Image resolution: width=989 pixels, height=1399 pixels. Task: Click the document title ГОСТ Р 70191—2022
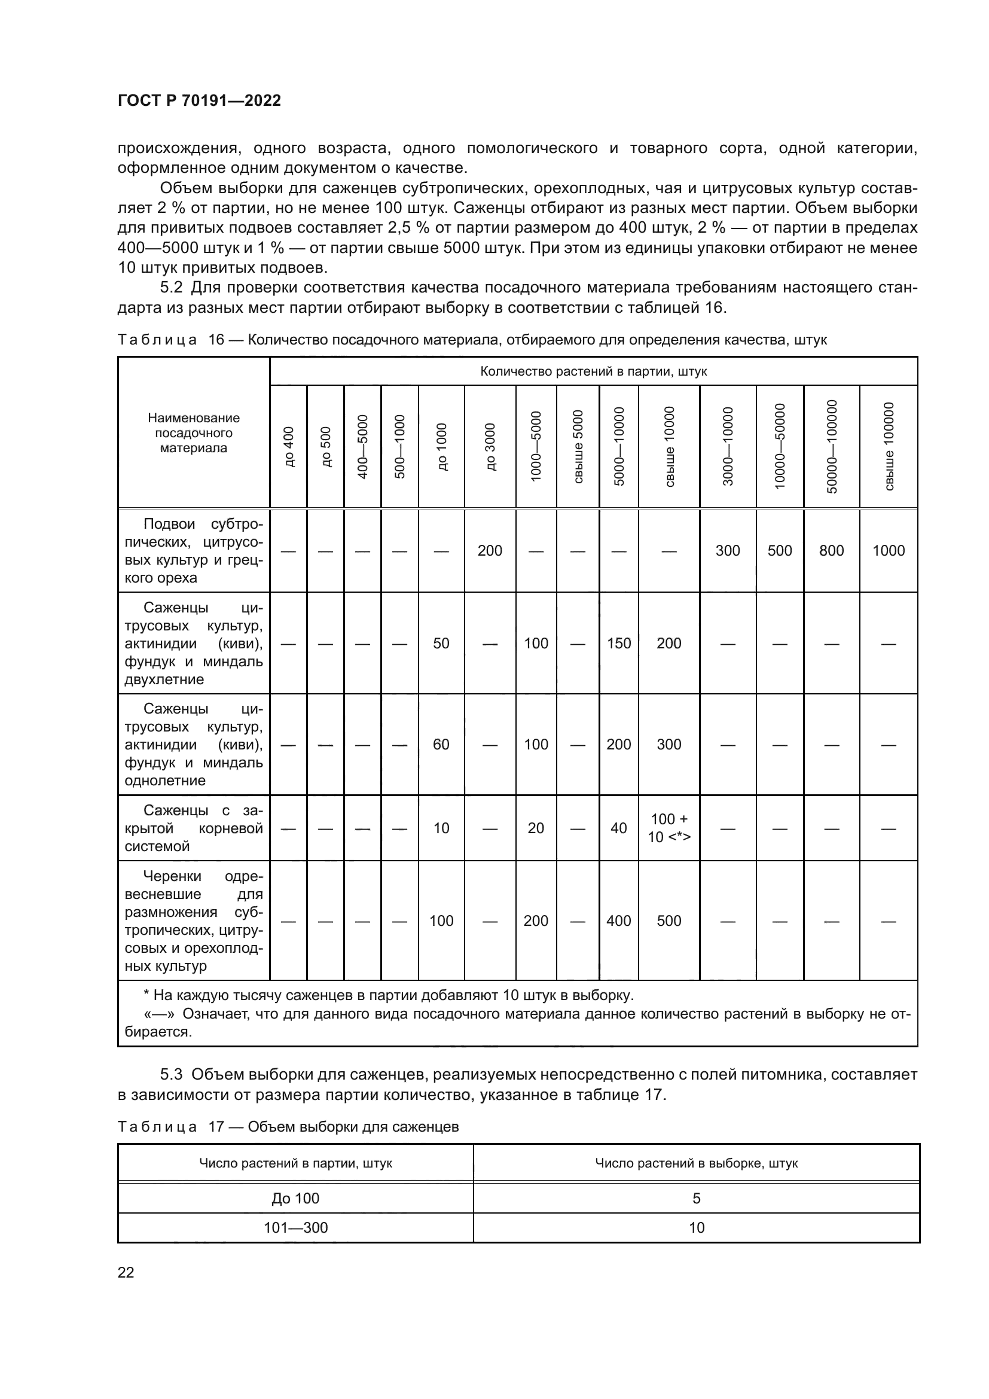(199, 100)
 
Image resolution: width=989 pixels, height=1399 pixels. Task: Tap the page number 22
(126, 1272)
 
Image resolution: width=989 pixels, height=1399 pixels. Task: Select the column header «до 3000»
(490, 447)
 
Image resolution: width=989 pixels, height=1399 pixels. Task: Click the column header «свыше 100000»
(889, 447)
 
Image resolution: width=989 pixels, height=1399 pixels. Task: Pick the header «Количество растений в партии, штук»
(593, 371)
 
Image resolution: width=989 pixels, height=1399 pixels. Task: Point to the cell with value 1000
(888, 550)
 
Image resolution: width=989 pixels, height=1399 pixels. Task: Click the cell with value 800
(831, 550)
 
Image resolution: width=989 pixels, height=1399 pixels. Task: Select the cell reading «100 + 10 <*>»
(669, 827)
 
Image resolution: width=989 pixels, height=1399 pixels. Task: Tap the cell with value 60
(441, 744)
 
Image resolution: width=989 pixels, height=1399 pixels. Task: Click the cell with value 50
(441, 643)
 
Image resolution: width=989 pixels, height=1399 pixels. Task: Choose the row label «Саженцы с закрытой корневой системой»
(194, 828)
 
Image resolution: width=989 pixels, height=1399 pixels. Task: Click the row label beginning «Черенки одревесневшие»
(194, 921)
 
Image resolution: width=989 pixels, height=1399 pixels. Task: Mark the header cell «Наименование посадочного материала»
(194, 432)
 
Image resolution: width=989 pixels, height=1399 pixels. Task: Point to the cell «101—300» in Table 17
(295, 1227)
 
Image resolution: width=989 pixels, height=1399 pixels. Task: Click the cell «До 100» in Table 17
(295, 1198)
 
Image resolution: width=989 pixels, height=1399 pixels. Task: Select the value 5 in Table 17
(696, 1198)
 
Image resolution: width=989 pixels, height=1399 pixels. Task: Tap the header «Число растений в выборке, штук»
(696, 1163)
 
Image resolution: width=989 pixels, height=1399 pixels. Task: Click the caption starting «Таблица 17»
(288, 1127)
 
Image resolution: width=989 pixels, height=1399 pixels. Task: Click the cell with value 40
(618, 827)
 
